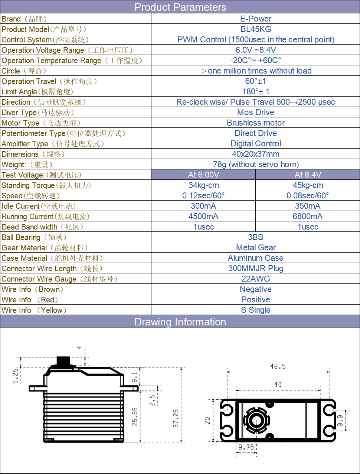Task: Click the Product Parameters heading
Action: (180, 7)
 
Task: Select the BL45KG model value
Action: (256, 29)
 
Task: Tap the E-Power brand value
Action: (256, 19)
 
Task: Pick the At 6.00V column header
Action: (203, 175)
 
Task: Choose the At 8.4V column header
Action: (308, 175)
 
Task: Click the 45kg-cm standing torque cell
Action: (308, 185)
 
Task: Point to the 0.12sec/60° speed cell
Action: (203, 195)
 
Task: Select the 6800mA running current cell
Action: (308, 216)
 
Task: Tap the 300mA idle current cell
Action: (203, 206)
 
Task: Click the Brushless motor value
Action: (256, 123)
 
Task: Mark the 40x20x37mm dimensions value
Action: (256, 154)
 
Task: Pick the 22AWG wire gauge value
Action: (256, 279)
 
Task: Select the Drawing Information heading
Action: (180, 322)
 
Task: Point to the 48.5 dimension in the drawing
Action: (278, 367)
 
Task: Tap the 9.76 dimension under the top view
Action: (246, 447)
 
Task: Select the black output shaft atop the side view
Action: (63, 361)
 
